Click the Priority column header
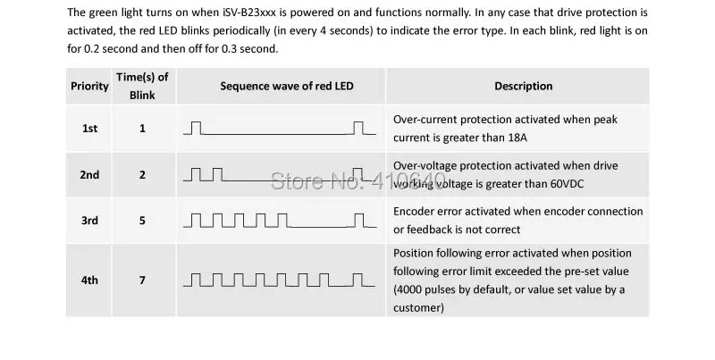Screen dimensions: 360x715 click(89, 86)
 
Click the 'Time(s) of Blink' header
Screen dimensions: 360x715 click(142, 86)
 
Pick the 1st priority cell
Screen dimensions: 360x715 click(89, 129)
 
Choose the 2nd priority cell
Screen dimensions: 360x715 click(89, 174)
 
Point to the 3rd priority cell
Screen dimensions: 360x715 click(89, 220)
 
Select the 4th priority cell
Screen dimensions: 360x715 click(89, 280)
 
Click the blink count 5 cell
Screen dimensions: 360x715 click(142, 220)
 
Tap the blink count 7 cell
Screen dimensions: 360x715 click(142, 280)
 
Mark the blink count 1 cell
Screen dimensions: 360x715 click(142, 129)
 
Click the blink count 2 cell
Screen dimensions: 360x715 click(142, 174)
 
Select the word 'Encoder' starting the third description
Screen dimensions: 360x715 click(414, 212)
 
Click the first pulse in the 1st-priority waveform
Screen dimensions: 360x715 click(197, 128)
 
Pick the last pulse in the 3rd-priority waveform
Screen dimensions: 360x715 click(358, 219)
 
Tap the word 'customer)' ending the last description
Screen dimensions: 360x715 click(418, 307)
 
